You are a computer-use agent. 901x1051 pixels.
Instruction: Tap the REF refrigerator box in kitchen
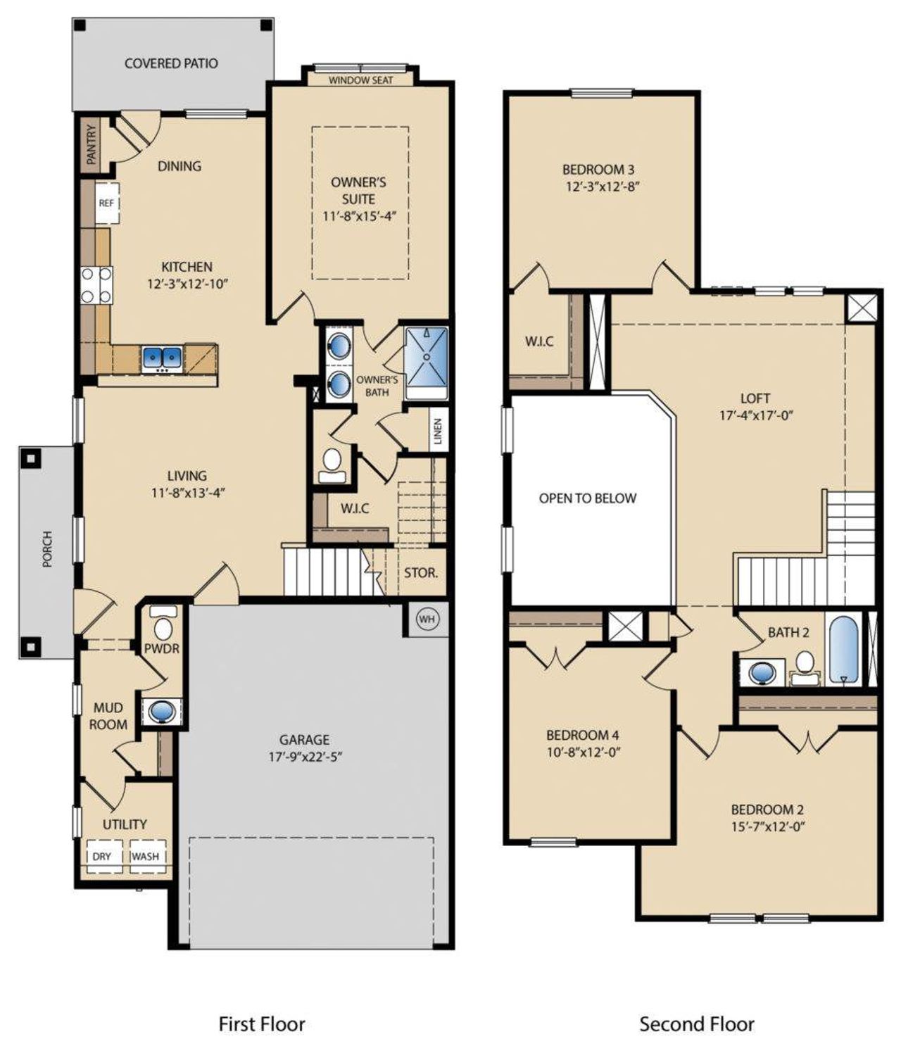pyautogui.click(x=106, y=203)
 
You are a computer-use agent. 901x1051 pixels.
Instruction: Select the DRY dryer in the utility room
pyautogui.click(x=102, y=856)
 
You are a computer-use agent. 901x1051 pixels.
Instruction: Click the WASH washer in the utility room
pyautogui.click(x=146, y=856)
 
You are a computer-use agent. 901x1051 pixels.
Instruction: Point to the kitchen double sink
pyautogui.click(x=163, y=358)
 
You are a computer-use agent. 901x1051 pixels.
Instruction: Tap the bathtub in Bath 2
pyautogui.click(x=843, y=649)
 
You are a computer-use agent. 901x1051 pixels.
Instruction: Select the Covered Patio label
pyautogui.click(x=171, y=63)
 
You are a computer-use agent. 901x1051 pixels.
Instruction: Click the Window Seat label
pyautogui.click(x=360, y=80)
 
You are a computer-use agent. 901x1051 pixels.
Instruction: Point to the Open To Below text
pyautogui.click(x=587, y=498)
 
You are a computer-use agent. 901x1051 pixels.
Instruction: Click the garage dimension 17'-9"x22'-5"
pyautogui.click(x=304, y=757)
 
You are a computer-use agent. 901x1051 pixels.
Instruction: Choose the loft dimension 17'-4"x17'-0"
pyautogui.click(x=755, y=415)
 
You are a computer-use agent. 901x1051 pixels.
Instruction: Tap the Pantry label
pyautogui.click(x=91, y=144)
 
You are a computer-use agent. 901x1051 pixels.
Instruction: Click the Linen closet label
pyautogui.click(x=437, y=431)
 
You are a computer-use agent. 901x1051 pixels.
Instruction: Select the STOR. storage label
pyautogui.click(x=421, y=573)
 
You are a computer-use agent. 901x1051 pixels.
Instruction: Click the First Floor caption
pyautogui.click(x=262, y=1023)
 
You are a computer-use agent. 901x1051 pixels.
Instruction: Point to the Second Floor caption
pyautogui.click(x=696, y=1023)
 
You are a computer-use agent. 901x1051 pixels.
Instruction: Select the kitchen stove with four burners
pyautogui.click(x=96, y=285)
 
